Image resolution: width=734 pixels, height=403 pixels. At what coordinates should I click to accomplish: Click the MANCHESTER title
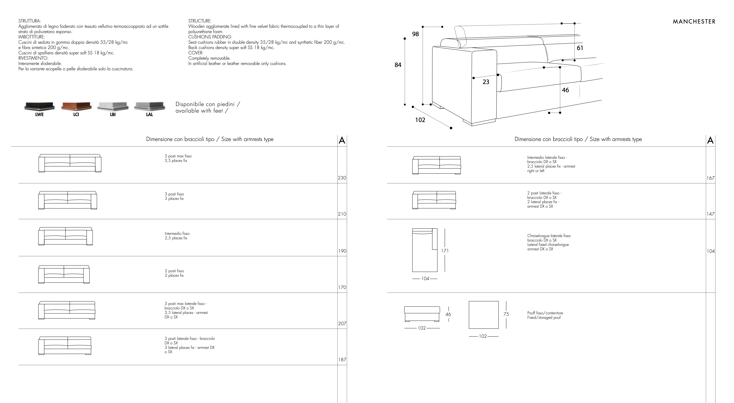coord(694,22)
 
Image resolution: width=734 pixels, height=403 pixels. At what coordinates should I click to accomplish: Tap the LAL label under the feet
coord(150,114)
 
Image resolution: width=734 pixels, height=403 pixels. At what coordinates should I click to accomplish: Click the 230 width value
coord(342,178)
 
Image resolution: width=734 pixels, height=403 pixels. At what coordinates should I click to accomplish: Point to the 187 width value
coord(342,360)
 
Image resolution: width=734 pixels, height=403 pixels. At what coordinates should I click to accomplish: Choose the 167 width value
coord(710,178)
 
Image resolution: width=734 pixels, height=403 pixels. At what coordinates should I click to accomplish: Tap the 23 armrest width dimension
coord(486,82)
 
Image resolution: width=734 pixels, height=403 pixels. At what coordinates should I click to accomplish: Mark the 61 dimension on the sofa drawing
coord(580,48)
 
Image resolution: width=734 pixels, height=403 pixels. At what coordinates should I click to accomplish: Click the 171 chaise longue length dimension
coord(445,251)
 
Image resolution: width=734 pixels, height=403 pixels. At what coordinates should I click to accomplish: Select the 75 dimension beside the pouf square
coord(506,314)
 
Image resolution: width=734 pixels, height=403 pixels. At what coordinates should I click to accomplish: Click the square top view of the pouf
coord(483,315)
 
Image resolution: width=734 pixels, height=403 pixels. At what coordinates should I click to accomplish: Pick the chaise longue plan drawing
coord(425,250)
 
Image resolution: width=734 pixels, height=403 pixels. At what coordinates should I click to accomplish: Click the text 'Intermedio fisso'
coord(177,233)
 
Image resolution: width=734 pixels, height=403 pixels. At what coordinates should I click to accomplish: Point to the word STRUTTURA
coord(30,21)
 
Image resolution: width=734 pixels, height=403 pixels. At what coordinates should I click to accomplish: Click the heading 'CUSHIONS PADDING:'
coord(210,37)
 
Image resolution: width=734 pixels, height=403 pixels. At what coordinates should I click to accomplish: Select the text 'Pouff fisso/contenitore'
coord(545,313)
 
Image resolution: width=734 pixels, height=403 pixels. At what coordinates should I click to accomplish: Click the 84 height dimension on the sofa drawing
coord(398,65)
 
